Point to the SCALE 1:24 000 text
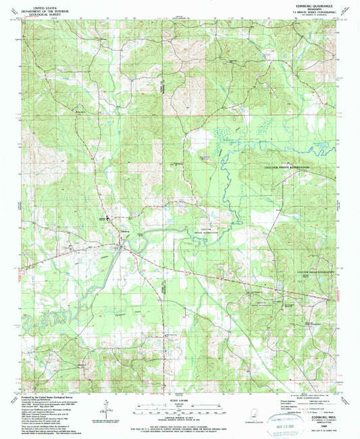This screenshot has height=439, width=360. point(179,398)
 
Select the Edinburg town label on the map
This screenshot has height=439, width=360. point(124,230)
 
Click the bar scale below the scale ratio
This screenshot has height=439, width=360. point(179,407)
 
